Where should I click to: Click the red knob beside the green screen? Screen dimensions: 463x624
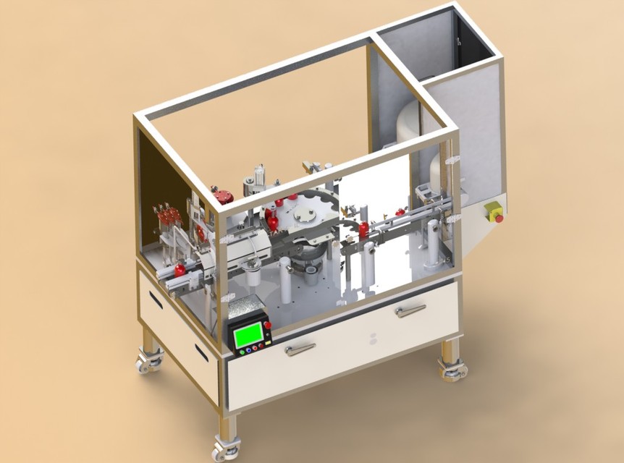pos(267,326)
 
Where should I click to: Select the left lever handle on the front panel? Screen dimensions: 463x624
pos(299,349)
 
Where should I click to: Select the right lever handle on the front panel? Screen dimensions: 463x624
pos(410,310)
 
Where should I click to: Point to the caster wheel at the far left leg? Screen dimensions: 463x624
pos(150,362)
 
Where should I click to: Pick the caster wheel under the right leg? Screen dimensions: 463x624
pos(454,370)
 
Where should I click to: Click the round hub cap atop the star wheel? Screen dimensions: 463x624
pos(305,214)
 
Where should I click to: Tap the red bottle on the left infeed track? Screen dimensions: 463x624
pos(180,270)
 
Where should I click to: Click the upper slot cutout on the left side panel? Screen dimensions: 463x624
pos(156,300)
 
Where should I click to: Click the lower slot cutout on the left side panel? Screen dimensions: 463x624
pos(202,353)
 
